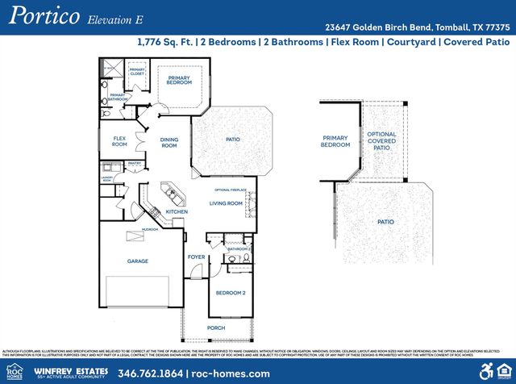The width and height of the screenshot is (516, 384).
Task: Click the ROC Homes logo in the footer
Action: pyautogui.click(x=15, y=371)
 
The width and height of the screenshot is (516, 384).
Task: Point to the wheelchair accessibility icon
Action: pyautogui.click(x=486, y=371)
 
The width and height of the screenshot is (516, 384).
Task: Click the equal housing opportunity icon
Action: pyautogui.click(x=505, y=371)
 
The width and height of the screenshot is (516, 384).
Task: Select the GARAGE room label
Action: pyautogui.click(x=138, y=261)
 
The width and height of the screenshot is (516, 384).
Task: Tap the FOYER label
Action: pyautogui.click(x=196, y=257)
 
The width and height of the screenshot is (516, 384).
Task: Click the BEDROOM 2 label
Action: pyautogui.click(x=232, y=293)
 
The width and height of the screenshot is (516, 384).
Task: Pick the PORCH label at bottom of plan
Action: pyautogui.click(x=216, y=328)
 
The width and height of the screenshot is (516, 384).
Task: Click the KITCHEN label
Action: pyautogui.click(x=177, y=212)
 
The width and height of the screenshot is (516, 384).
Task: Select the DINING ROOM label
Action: pyautogui.click(x=169, y=143)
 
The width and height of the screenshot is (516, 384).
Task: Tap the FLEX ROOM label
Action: pyautogui.click(x=119, y=142)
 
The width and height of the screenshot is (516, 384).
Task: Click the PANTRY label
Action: pyautogui.click(x=134, y=164)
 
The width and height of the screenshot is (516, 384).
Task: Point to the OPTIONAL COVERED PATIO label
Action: pyautogui.click(x=381, y=141)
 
